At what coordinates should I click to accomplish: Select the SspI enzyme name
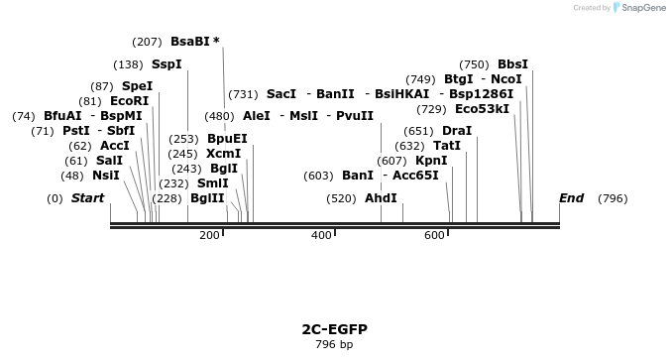click(167, 64)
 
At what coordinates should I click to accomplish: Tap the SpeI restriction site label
click(137, 86)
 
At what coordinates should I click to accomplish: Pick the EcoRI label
click(129, 101)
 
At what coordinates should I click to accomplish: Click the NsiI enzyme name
click(105, 176)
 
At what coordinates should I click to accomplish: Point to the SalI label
click(109, 161)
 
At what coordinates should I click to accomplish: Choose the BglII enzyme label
click(207, 198)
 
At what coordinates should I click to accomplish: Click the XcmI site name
click(223, 154)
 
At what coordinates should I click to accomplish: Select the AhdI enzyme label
click(381, 198)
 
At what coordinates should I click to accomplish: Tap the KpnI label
click(431, 161)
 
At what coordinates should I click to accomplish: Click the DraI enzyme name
click(457, 131)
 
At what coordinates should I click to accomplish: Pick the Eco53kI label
click(482, 109)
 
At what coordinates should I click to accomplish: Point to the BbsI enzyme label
click(513, 64)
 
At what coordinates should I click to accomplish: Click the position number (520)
click(341, 198)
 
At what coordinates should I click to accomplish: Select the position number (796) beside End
click(613, 198)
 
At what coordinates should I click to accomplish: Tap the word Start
click(87, 198)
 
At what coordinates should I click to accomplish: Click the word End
click(571, 198)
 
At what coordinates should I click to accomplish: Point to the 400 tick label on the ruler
click(321, 235)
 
